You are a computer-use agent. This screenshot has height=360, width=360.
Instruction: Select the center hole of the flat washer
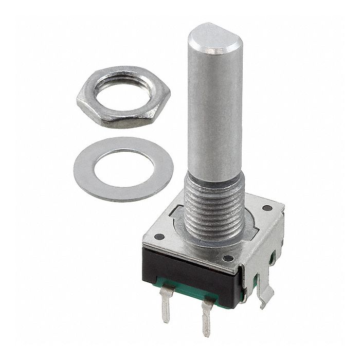click(x=123, y=169)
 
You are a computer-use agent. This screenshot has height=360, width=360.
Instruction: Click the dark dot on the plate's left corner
click(x=159, y=237)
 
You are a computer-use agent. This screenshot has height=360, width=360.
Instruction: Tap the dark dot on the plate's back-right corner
click(x=267, y=208)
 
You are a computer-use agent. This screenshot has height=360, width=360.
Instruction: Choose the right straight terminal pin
click(x=207, y=319)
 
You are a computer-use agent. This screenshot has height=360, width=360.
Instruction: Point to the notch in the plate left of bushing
click(x=177, y=211)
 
